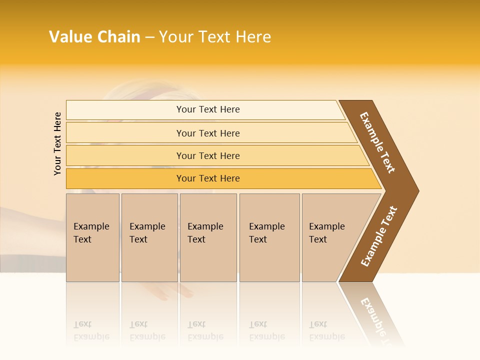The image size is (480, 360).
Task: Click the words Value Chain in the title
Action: pyautogui.click(x=94, y=37)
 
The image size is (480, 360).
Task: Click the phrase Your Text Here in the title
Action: pyautogui.click(x=215, y=37)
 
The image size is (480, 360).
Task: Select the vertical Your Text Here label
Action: pyautogui.click(x=57, y=143)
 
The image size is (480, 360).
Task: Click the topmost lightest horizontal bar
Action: pyautogui.click(x=207, y=109)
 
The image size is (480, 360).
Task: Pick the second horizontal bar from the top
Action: pyautogui.click(x=207, y=133)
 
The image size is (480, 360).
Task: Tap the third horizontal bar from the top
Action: pyautogui.click(x=207, y=155)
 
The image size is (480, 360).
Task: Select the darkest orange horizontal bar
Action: pyautogui.click(x=207, y=178)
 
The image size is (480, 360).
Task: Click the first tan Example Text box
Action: pyautogui.click(x=92, y=237)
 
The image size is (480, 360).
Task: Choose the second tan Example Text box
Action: pyautogui.click(x=149, y=237)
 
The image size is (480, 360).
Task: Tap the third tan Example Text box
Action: pyautogui.click(x=208, y=237)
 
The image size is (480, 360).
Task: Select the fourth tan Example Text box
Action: pyautogui.click(x=269, y=237)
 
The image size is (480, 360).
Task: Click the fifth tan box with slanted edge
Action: pyautogui.click(x=330, y=237)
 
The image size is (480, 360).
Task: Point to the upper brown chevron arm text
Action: pyautogui.click(x=377, y=142)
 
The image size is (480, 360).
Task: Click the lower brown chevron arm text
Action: pyautogui.click(x=379, y=236)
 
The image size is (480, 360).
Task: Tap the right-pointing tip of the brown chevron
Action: pyautogui.click(x=412, y=190)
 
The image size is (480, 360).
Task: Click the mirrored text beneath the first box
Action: pyautogui.click(x=91, y=330)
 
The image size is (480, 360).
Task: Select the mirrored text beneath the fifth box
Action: pyautogui.click(x=326, y=330)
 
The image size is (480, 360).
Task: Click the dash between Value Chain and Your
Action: pyautogui.click(x=149, y=37)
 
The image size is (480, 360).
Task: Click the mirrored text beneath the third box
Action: pyautogui.click(x=205, y=330)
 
